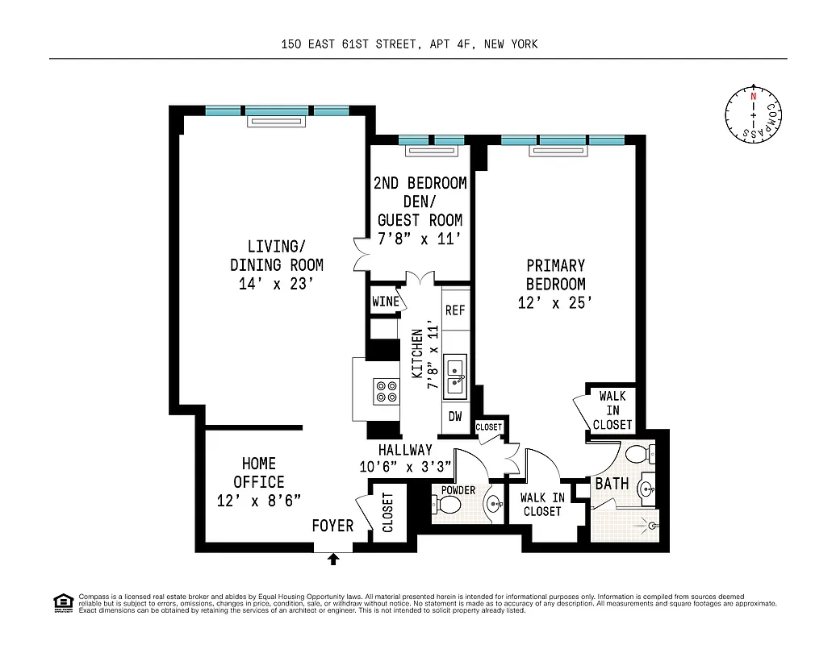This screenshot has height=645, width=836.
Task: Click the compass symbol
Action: click(x=754, y=115)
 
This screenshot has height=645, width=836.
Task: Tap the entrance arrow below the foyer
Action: click(x=334, y=557)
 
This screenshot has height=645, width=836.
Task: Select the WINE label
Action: click(x=386, y=302)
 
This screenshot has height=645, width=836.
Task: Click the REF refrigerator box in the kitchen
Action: click(x=455, y=310)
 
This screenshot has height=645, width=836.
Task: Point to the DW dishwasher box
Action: click(x=455, y=416)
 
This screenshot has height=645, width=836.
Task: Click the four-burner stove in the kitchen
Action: click(x=387, y=391)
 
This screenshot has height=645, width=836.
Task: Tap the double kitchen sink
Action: click(x=455, y=377)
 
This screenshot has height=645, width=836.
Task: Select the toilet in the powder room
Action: click(x=446, y=506)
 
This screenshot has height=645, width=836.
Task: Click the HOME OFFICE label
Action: click(x=259, y=472)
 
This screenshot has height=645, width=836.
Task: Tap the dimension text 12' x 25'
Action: click(x=555, y=303)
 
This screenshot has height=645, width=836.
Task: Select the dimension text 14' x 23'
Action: click(x=276, y=284)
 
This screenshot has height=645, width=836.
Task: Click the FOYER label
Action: click(x=332, y=526)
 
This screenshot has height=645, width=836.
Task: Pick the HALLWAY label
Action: click(x=405, y=450)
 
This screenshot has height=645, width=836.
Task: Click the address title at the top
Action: click(x=409, y=44)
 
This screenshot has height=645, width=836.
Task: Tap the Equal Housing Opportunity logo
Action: click(x=62, y=602)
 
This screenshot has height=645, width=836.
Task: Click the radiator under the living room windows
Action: click(x=276, y=122)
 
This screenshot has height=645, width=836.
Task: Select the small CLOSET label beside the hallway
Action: click(x=488, y=427)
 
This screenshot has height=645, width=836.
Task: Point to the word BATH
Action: click(x=612, y=484)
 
